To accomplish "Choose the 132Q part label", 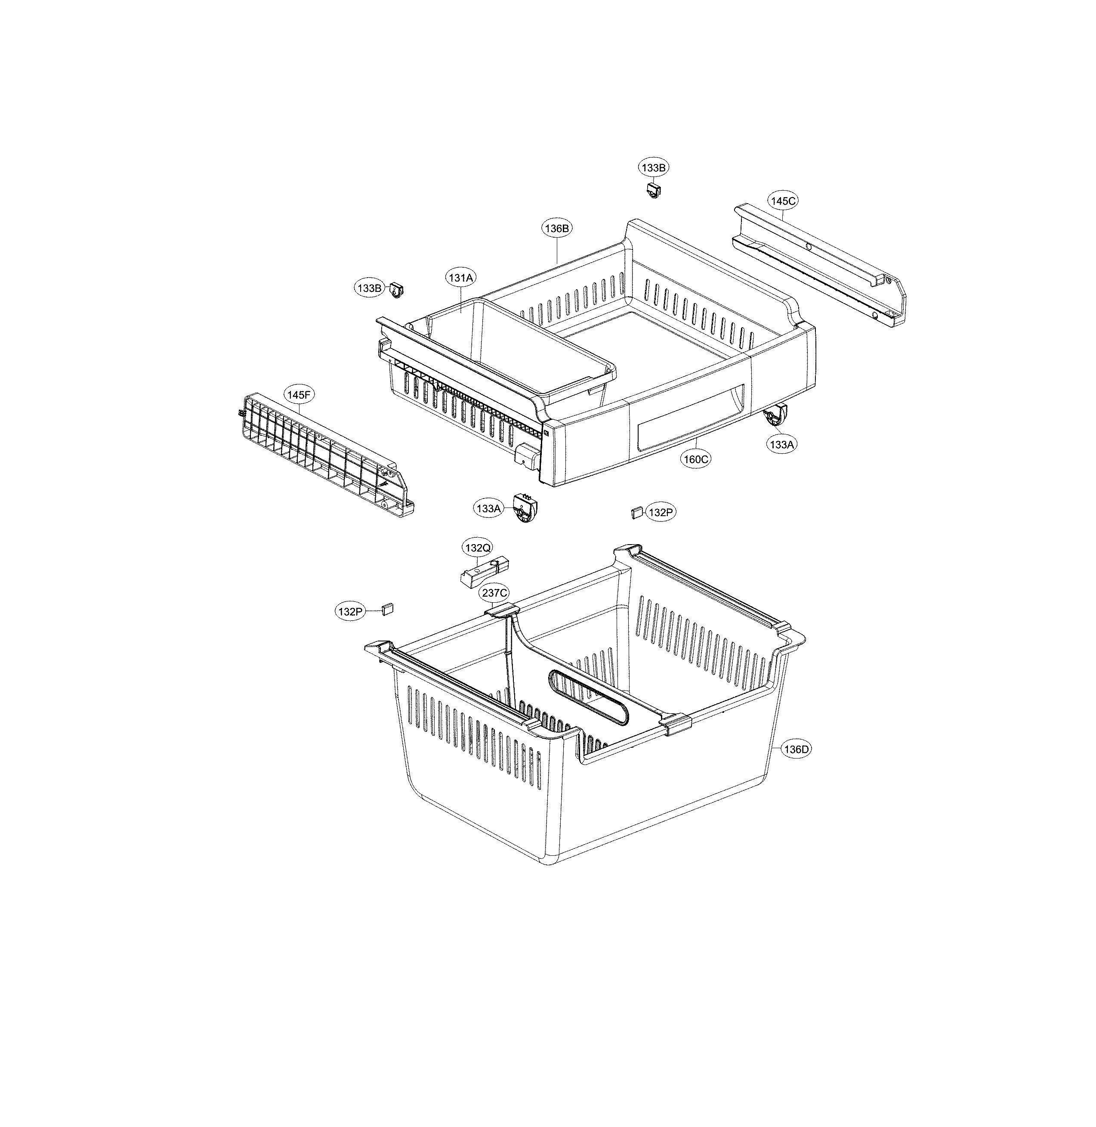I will (478, 547).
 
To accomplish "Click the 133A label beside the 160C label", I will (782, 444).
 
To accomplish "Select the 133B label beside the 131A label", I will (368, 288).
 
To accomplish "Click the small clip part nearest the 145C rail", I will (653, 189).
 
